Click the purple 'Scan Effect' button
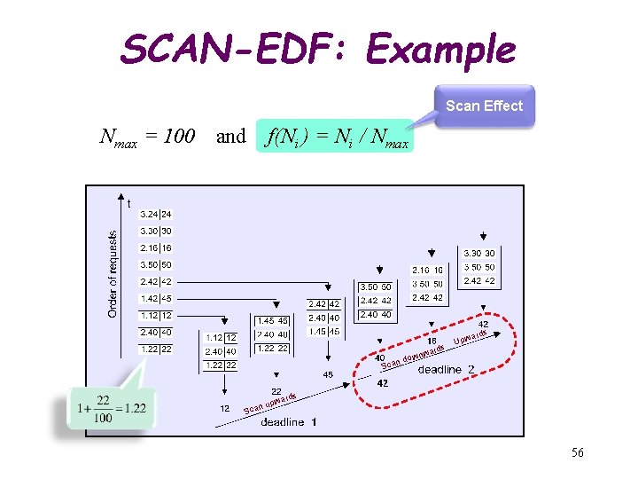pos(484,106)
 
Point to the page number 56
pos(577,453)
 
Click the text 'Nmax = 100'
pos(147,137)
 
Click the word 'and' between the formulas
pos(230,136)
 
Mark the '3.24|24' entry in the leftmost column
pos(156,214)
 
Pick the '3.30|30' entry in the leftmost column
pos(156,231)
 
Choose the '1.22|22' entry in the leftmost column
pos(156,349)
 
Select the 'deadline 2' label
pos(447,369)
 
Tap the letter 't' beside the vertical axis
pos(129,203)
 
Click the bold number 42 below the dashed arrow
pos(383,383)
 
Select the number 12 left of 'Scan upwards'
pos(225,408)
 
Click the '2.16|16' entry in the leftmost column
pos(156,247)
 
